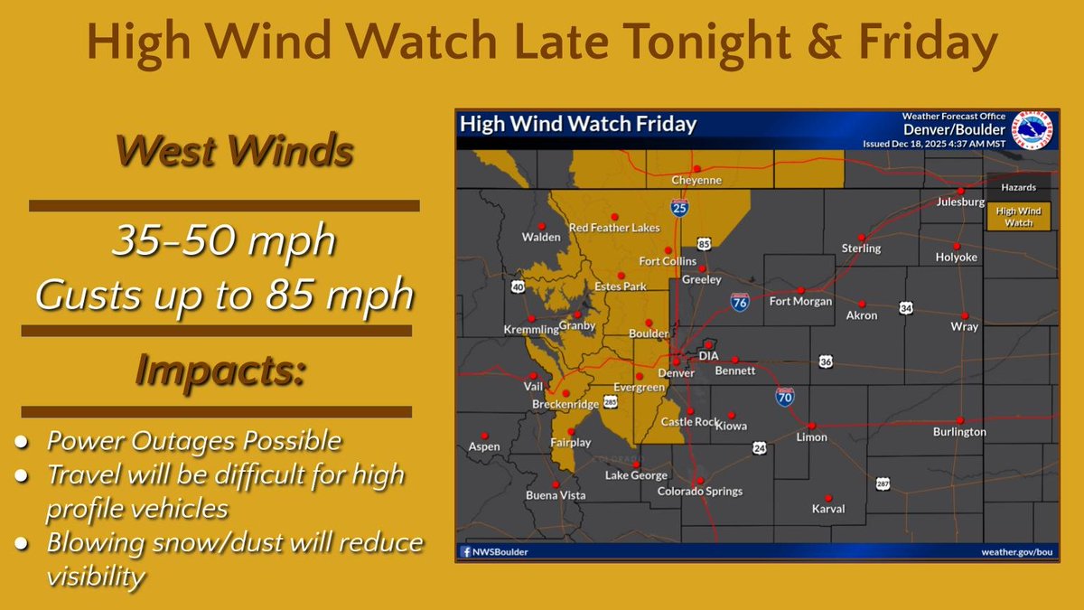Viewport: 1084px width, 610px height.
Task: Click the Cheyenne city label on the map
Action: [697, 181]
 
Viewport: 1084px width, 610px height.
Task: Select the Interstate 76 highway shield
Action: [740, 302]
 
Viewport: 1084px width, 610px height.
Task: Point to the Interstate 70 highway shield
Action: [785, 395]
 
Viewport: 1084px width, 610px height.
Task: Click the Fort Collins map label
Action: [667, 262]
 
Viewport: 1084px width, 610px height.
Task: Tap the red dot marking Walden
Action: [541, 225]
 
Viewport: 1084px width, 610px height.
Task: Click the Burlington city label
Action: [959, 432]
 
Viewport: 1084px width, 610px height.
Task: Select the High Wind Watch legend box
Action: [1018, 216]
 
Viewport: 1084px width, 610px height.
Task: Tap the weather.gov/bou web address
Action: [1017, 551]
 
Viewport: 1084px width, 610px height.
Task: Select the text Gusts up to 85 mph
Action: [224, 295]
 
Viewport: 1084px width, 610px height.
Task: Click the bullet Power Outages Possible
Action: [194, 441]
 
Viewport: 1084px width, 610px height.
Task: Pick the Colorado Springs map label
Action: [699, 492]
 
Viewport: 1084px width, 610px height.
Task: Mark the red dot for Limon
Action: [811, 425]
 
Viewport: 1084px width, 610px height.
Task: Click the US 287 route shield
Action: [883, 484]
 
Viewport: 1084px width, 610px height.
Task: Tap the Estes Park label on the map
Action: [621, 287]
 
